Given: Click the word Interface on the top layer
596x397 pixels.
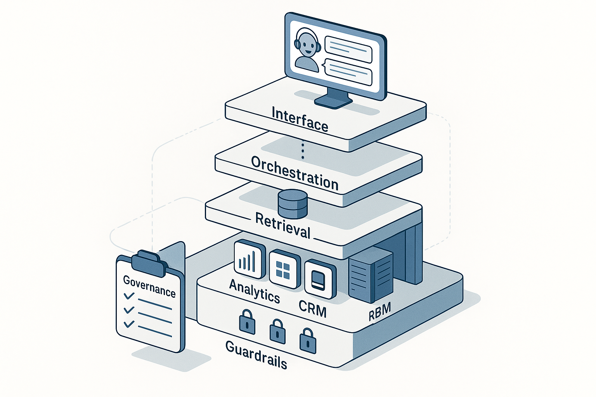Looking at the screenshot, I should (x=300, y=119).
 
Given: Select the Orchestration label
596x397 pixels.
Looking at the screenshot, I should (x=295, y=173).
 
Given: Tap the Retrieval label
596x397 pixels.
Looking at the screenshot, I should (x=283, y=226).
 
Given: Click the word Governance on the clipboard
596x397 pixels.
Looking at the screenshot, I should (x=149, y=286).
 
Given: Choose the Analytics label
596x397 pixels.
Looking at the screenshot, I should (x=255, y=291).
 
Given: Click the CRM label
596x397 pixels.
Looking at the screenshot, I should (x=312, y=309).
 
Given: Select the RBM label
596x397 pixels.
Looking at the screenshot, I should (x=379, y=312).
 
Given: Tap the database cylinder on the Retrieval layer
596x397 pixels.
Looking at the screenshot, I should (x=293, y=204).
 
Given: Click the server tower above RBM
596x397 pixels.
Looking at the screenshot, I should (x=370, y=276).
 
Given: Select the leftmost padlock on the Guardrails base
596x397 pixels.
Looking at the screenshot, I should (x=247, y=321).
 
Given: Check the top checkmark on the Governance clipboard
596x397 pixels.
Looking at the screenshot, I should (x=129, y=296).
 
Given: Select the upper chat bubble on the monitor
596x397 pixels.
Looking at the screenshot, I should (x=348, y=50).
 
